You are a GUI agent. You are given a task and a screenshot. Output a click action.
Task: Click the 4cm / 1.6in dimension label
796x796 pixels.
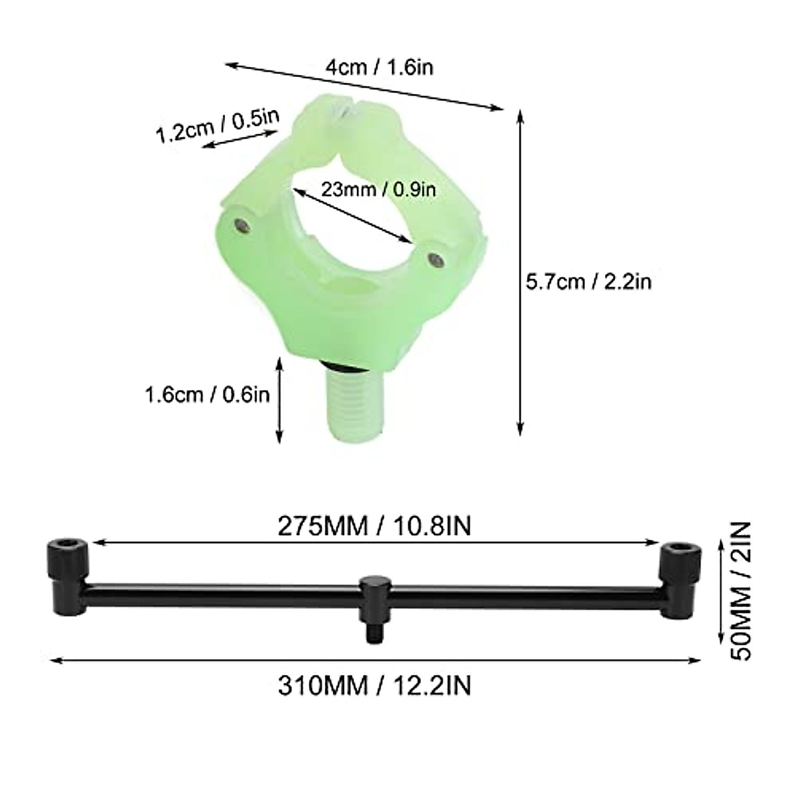tap(379, 67)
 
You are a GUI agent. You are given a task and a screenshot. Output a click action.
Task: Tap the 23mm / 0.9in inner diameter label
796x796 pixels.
tap(379, 189)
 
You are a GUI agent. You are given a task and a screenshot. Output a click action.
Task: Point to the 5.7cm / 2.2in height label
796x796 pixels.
tap(588, 282)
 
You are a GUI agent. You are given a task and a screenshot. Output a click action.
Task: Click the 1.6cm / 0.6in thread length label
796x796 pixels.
tap(207, 395)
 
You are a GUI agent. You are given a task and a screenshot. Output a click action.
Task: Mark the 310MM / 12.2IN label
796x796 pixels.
tap(374, 685)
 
